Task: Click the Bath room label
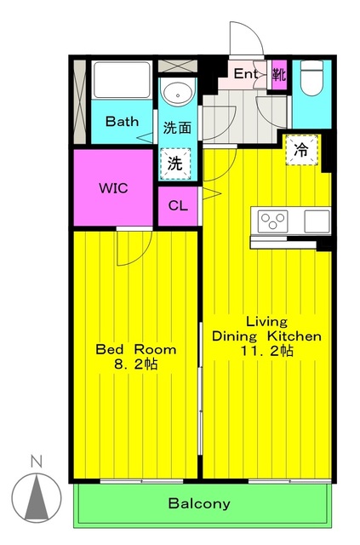(x=122, y=121)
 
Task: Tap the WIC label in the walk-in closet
(x=114, y=188)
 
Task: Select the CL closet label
(x=178, y=206)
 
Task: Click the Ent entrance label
(x=246, y=73)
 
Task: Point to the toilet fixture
(x=311, y=77)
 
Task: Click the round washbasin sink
(x=178, y=93)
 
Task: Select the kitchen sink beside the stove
(x=317, y=221)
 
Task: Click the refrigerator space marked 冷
(x=301, y=150)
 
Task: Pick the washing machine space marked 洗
(x=175, y=163)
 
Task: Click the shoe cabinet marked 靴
(x=279, y=74)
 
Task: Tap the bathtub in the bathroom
(x=122, y=79)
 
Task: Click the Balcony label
(x=199, y=503)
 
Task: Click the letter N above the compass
(x=36, y=462)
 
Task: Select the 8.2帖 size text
(x=136, y=364)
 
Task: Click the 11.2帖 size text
(x=267, y=351)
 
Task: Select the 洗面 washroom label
(x=177, y=128)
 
